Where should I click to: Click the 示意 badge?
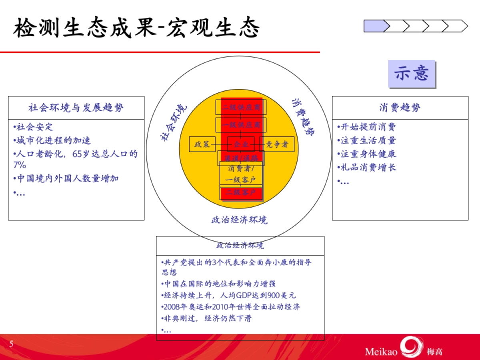[412, 74]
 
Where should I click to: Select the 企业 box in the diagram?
[241, 144]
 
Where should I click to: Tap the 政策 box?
[202, 144]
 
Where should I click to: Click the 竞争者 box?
[277, 144]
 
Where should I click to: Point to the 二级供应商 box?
[241, 107]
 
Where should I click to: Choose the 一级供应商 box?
[241, 125]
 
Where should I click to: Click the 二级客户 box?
[241, 193]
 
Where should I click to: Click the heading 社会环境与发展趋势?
[76, 108]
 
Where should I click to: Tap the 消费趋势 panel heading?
[400, 108]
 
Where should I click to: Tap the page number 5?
[11, 344]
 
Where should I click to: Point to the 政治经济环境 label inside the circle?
[239, 220]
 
